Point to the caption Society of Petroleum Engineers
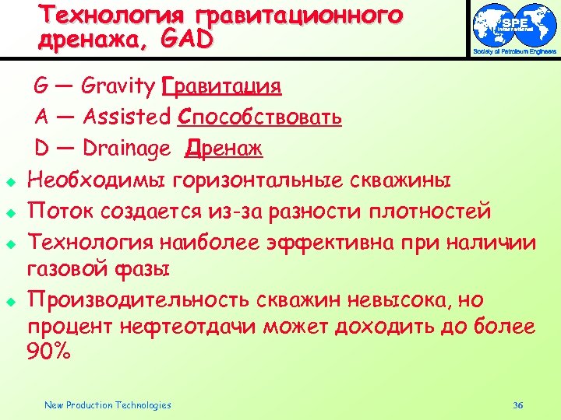pos(515,52)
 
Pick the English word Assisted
pos(126,117)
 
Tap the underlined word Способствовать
pos(259,117)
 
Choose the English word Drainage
pos(126,148)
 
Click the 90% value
pos(48,352)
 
